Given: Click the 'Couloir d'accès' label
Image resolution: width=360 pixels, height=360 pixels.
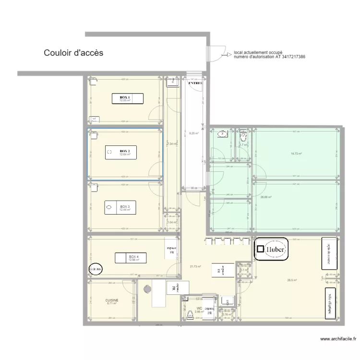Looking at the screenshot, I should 73,53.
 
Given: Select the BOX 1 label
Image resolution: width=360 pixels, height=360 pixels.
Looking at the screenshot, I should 125,97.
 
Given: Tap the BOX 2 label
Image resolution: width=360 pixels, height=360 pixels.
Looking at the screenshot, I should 125,151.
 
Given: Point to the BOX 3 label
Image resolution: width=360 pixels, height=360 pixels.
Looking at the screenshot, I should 125,206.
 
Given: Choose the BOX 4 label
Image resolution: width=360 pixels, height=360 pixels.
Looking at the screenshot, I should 133,257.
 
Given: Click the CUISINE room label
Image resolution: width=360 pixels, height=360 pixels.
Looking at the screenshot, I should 112,300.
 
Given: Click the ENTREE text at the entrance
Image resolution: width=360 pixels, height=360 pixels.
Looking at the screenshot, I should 195,83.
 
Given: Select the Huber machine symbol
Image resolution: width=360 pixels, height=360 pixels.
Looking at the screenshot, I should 271,250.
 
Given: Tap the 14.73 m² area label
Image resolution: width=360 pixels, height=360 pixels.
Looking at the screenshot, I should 295,154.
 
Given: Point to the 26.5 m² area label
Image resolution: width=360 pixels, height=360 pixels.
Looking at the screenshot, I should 292,280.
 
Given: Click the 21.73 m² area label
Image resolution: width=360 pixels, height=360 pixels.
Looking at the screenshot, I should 195,267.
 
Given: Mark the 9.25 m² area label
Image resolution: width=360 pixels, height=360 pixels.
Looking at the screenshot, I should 194,133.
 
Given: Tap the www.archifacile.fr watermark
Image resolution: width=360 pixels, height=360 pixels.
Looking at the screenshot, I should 337,339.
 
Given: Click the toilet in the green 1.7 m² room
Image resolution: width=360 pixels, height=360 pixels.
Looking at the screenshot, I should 243,134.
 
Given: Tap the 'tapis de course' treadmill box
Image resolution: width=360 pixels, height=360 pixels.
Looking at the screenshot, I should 329,254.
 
